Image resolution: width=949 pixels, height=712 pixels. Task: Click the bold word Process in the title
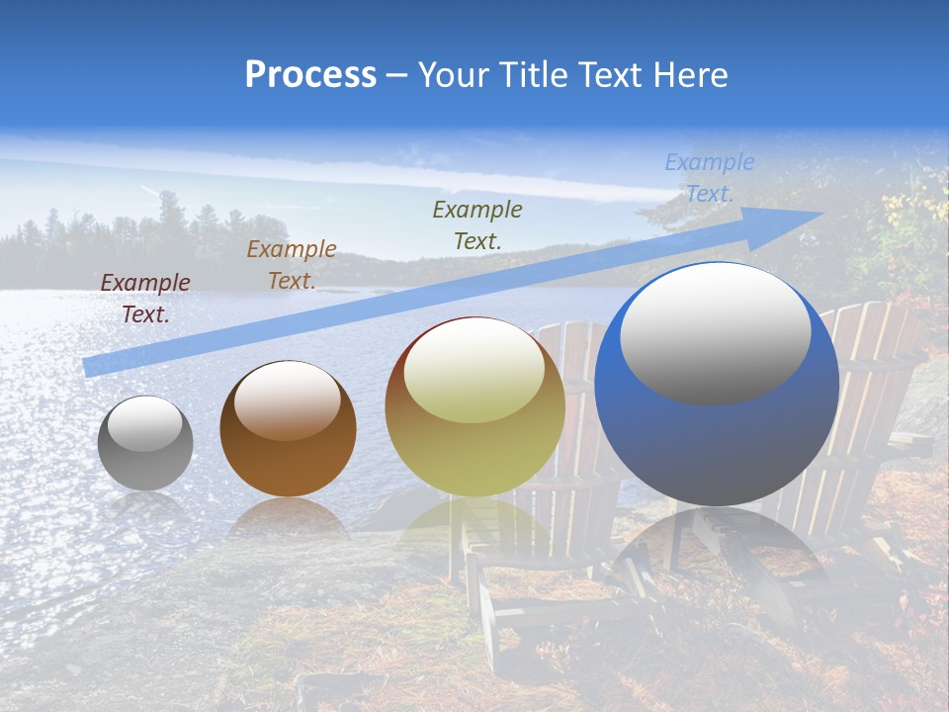310,75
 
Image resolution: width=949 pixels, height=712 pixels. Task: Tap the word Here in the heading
691,75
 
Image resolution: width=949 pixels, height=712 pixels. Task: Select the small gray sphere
145,443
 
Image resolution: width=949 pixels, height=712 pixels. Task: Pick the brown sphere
288,429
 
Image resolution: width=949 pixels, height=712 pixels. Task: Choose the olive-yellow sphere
474,406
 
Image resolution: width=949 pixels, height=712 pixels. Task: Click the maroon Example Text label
145,299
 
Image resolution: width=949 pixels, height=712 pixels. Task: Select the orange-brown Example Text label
292,265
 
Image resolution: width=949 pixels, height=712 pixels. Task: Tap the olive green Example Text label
477,224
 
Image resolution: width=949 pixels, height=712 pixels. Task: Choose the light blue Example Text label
709,178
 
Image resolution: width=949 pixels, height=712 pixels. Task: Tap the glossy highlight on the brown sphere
287,400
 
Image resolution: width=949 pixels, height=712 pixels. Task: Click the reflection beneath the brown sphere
288,518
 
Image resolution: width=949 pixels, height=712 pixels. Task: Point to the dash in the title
397,76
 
